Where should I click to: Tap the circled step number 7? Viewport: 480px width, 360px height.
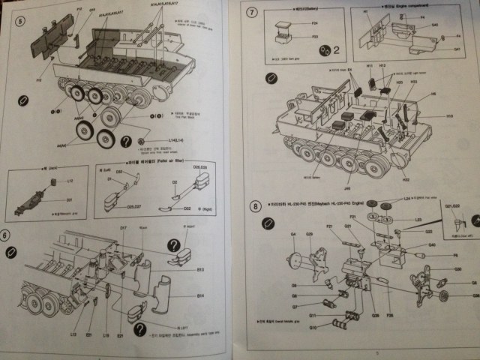pyautogui.click(x=252, y=13)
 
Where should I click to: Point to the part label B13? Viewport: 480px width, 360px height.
pyautogui.click(x=200, y=268)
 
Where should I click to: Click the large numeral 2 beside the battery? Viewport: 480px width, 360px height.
pyautogui.click(x=337, y=50)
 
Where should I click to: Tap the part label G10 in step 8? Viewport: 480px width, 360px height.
pyautogui.click(x=313, y=327)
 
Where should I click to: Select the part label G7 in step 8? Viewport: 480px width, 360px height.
pyautogui.click(x=294, y=295)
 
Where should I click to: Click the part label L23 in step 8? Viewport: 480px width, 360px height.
pyautogui.click(x=418, y=220)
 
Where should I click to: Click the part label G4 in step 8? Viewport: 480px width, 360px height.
pyautogui.click(x=294, y=235)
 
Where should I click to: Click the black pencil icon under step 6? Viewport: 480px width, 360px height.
pyautogui.click(x=19, y=259)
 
